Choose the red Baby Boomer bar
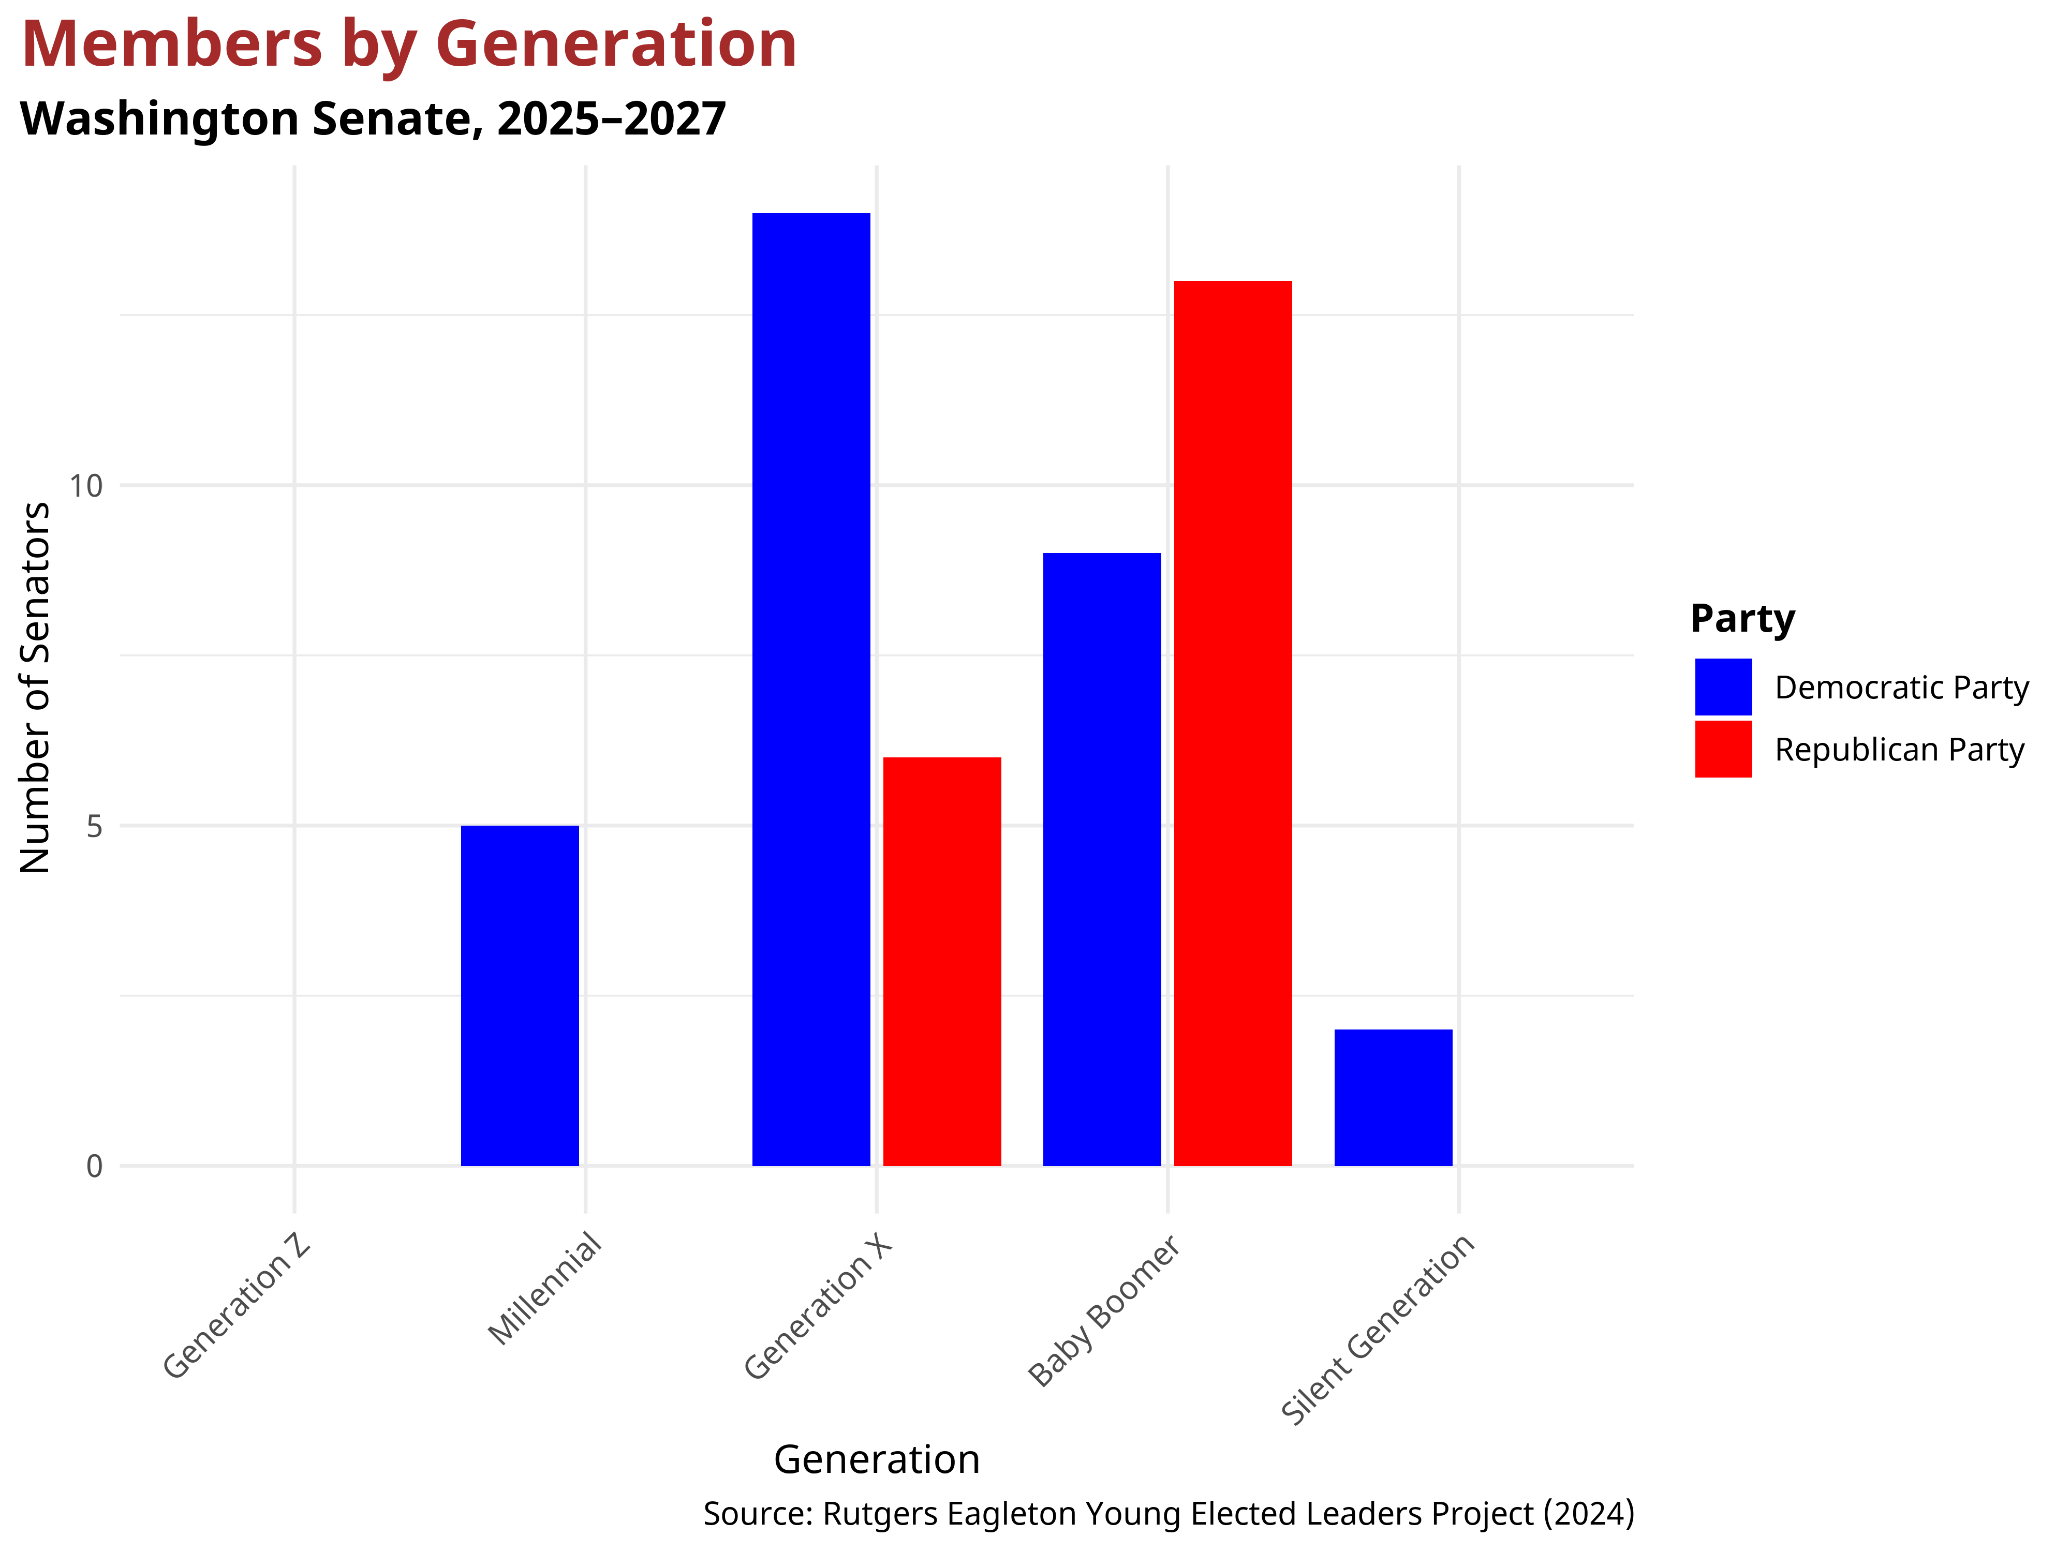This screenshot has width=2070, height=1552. click(x=1233, y=723)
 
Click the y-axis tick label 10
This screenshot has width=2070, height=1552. click(x=85, y=486)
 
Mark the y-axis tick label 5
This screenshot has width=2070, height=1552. click(x=94, y=826)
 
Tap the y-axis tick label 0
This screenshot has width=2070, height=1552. click(x=94, y=1167)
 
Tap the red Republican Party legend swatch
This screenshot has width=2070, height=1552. click(x=1723, y=749)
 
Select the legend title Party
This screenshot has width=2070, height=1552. click(x=1742, y=619)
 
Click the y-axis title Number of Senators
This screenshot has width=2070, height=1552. click(x=36, y=688)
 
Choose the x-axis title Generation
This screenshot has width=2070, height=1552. click(x=877, y=1459)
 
